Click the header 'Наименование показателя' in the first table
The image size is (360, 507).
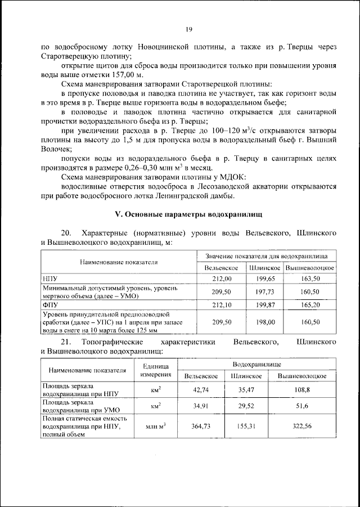pos(118,262)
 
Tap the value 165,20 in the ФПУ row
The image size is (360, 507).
pos(310,304)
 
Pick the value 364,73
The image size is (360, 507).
pos(201,427)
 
